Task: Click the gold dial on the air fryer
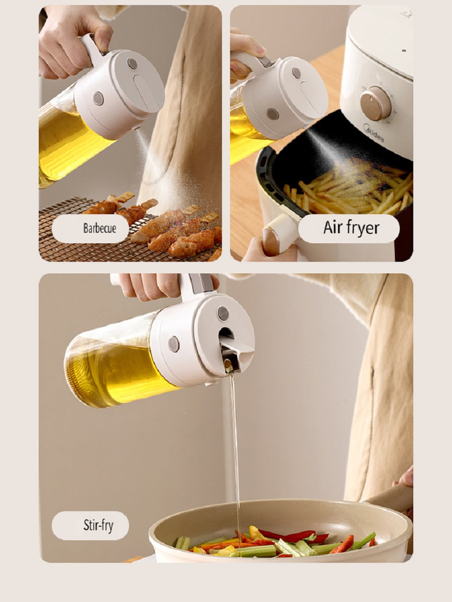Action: (x=375, y=103)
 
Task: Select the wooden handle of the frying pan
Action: (x=392, y=498)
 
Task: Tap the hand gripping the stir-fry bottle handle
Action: (x=151, y=286)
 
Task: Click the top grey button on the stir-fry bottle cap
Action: (x=223, y=314)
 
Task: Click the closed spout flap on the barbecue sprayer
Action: (x=146, y=90)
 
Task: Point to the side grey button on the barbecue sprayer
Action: (x=98, y=98)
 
